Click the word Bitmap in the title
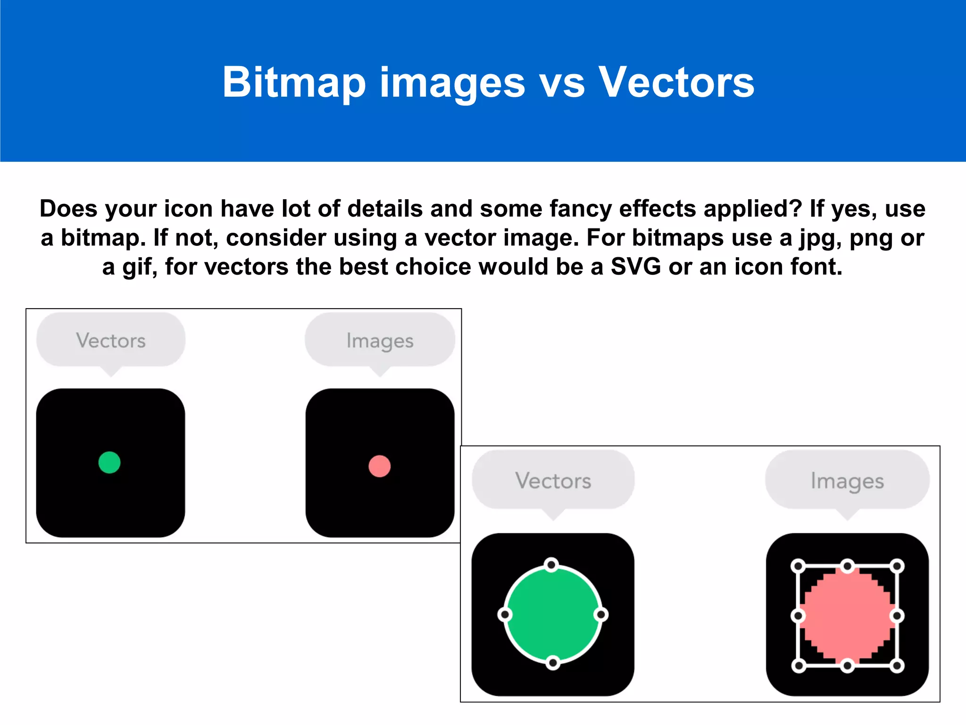click(294, 83)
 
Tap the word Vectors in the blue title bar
click(676, 82)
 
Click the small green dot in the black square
click(109, 463)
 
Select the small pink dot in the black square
click(379, 466)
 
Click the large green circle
click(553, 614)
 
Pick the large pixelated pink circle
click(847, 615)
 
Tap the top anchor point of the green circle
click(551, 565)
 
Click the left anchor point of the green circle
click(505, 615)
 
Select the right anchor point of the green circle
click(601, 615)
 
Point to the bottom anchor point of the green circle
click(553, 663)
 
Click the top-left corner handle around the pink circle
click(798, 566)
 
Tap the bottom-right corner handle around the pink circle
click(897, 666)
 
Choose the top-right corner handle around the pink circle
click(897, 566)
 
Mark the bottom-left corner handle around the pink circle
click(798, 666)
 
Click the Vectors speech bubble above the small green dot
click(111, 340)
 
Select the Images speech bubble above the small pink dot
click(380, 340)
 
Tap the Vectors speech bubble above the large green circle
click(553, 481)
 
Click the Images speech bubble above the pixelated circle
click(847, 481)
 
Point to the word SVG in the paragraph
click(636, 267)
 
